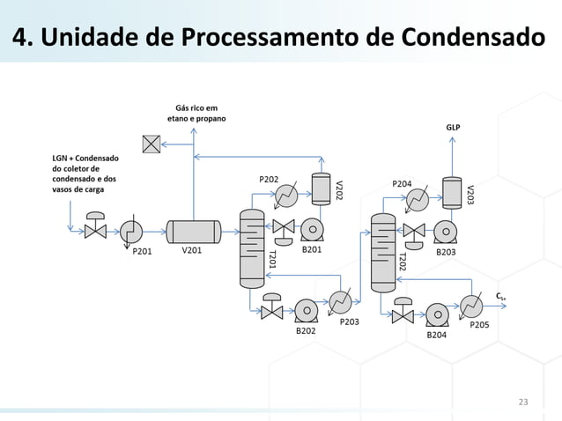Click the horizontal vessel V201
(x=194, y=231)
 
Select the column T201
(x=252, y=247)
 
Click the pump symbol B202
(x=306, y=310)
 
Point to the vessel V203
(x=452, y=192)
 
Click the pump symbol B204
(x=437, y=313)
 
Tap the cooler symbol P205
(x=472, y=306)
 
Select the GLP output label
(x=452, y=127)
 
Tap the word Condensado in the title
(x=471, y=39)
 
